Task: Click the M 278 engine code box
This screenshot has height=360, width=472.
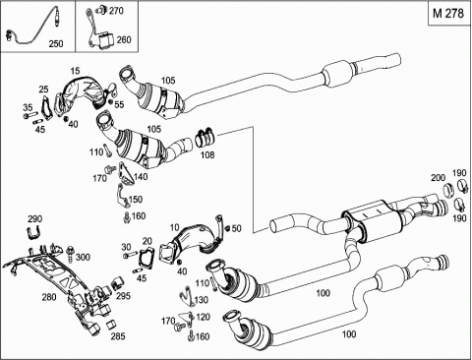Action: [448, 13]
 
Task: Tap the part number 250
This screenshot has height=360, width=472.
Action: [56, 43]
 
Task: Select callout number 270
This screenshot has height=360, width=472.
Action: [116, 11]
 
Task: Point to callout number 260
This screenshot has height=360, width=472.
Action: [124, 39]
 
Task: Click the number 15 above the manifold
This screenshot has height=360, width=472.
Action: [75, 71]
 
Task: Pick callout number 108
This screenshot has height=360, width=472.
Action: [207, 154]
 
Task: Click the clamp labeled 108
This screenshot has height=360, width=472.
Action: [205, 137]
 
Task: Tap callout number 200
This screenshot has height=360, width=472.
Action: [438, 178]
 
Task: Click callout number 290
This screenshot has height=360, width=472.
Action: [35, 218]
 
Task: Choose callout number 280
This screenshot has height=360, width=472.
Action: [49, 297]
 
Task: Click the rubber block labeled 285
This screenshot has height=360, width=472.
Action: [111, 325]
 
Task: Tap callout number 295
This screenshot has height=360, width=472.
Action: [123, 296]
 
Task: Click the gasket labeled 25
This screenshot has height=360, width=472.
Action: [47, 106]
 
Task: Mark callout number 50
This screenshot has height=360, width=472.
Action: [236, 228]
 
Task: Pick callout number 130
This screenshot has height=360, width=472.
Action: [201, 300]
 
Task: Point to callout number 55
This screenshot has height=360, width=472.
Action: [119, 104]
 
